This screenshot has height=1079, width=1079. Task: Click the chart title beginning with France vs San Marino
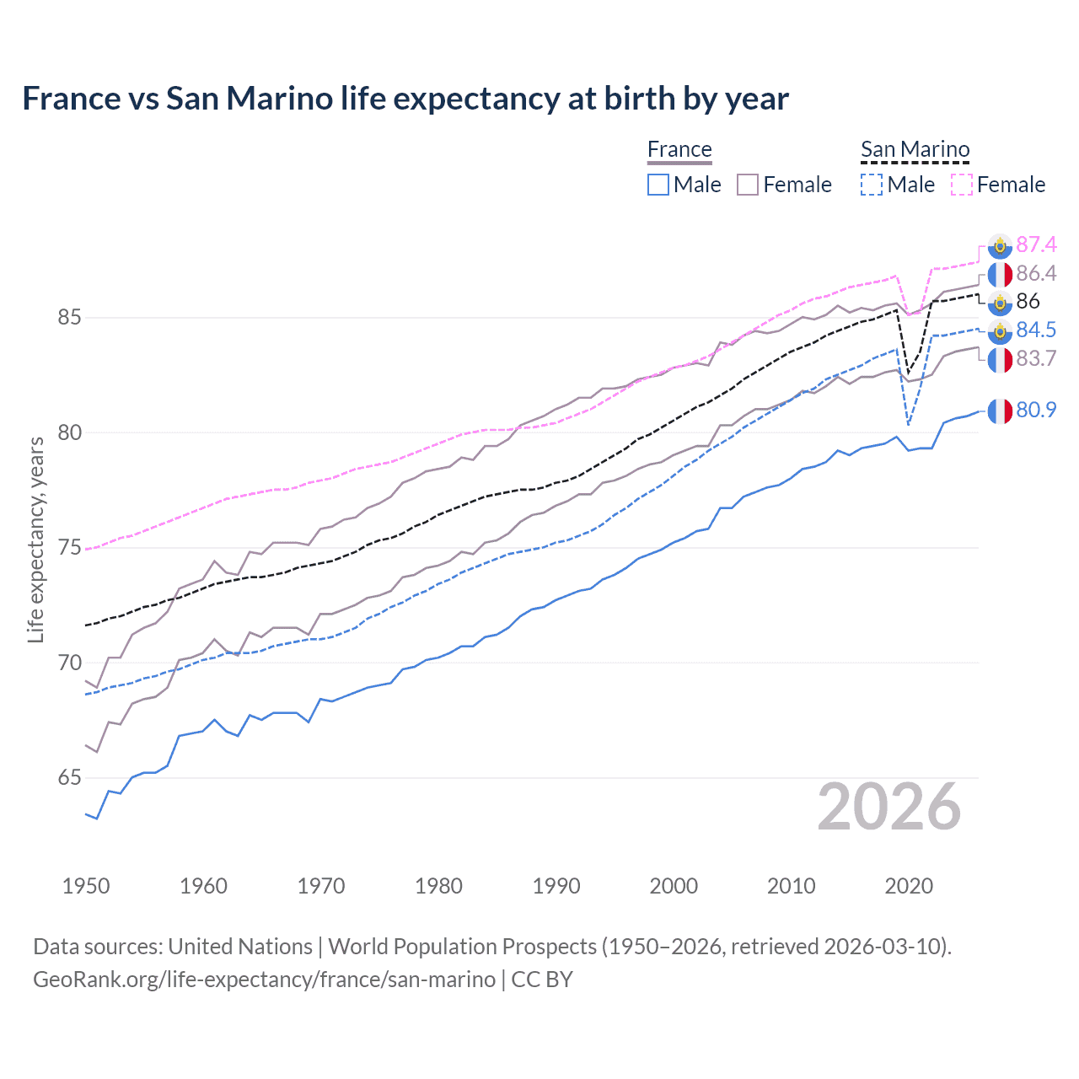click(405, 99)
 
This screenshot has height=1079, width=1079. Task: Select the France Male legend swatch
click(658, 185)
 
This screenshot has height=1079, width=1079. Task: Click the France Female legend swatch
click(748, 185)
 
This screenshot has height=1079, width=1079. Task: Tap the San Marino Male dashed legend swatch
click(872, 185)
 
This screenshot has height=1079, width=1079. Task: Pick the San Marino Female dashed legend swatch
click(961, 185)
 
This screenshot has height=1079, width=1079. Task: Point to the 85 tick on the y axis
click(70, 318)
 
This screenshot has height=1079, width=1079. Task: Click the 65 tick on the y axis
click(70, 777)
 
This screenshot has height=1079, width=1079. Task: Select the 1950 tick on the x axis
click(86, 886)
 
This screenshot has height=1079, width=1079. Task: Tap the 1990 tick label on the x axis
click(556, 886)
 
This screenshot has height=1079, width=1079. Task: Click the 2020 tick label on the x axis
click(909, 886)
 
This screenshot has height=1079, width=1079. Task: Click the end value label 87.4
click(1036, 244)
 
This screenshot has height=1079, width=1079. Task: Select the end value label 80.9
click(1036, 411)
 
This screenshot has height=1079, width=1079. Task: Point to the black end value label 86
click(1028, 302)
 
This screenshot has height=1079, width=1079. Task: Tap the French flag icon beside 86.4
click(1000, 274)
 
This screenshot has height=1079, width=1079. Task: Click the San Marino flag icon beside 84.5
click(1000, 330)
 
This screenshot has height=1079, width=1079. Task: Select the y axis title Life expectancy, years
click(35, 539)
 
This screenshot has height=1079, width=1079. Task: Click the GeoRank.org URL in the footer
click(264, 980)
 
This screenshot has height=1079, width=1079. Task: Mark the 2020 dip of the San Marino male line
click(908, 424)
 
